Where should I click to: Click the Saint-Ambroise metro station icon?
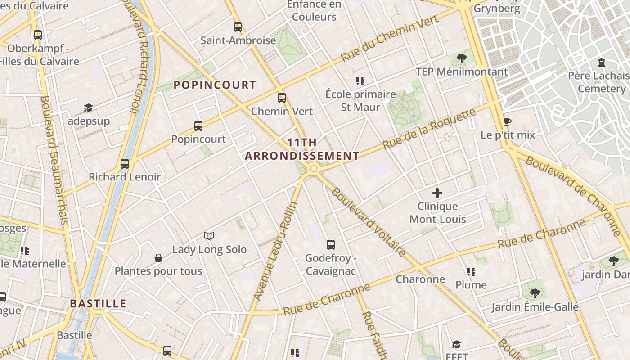(238, 27)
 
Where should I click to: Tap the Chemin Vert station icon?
(282, 98)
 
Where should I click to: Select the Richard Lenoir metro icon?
(125, 164)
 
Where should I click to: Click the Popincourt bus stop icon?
(198, 126)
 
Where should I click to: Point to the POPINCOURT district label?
(215, 85)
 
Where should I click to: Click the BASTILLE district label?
(98, 303)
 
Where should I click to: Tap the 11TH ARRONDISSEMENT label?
(302, 149)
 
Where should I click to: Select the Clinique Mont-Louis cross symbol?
(437, 193)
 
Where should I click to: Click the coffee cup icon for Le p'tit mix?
(508, 121)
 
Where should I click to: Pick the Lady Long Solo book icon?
(209, 236)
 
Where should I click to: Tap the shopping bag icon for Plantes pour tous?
(158, 258)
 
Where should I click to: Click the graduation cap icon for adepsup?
(88, 108)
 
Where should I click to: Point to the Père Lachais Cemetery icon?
(602, 62)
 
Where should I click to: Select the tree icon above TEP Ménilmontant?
(461, 58)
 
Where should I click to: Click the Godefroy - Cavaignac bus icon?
(331, 245)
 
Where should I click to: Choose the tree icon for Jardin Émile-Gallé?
(535, 293)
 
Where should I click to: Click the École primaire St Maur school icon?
(360, 81)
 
